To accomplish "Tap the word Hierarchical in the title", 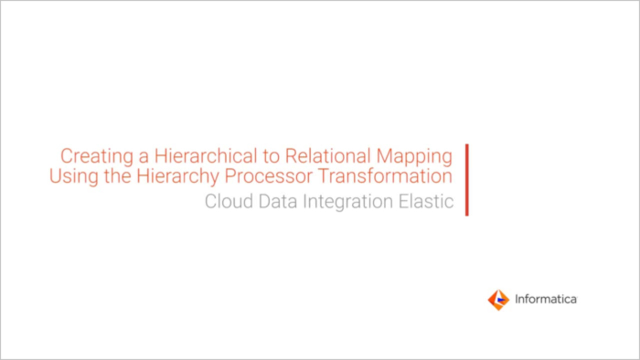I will pyautogui.click(x=204, y=156).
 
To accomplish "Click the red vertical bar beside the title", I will pyautogui.click(x=467, y=180).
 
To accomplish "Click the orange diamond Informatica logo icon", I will pyautogui.click(x=498, y=300).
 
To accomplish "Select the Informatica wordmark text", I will pyautogui.click(x=546, y=299).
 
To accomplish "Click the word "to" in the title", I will pyautogui.click(x=270, y=156).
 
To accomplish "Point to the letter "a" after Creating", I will pyautogui.click(x=144, y=157).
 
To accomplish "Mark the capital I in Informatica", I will pyautogui.click(x=517, y=299).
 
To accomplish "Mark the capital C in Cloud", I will pyautogui.click(x=212, y=201).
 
